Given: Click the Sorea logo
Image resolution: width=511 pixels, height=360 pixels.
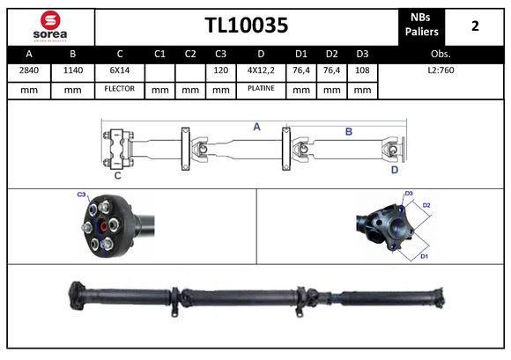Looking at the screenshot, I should click(x=49, y=26).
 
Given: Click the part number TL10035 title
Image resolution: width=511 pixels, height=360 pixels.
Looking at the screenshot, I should click(x=246, y=26).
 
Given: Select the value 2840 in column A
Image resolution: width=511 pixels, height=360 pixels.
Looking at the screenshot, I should click(x=28, y=70).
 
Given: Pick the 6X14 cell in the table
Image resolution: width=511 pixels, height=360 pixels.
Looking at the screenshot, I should click(x=119, y=70).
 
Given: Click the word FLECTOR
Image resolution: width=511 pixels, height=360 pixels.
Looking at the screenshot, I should click(x=119, y=89).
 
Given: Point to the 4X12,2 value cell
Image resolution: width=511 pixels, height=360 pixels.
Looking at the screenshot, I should click(x=261, y=70).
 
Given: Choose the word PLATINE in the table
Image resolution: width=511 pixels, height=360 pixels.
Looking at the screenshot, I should click(x=261, y=89).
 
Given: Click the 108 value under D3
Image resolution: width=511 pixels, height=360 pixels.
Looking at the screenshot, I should click(x=361, y=70).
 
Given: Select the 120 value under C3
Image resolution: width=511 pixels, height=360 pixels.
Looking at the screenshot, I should click(x=220, y=70).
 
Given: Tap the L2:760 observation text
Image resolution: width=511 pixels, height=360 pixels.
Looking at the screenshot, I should click(x=441, y=70).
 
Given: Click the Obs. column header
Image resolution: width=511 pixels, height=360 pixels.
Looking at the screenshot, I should click(x=441, y=53).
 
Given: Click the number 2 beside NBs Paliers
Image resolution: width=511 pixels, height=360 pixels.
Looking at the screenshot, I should click(x=475, y=26).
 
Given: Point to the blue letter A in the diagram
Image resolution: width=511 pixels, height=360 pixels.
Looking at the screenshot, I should click(x=257, y=127).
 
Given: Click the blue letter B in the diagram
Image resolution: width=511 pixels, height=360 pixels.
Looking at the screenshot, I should click(x=349, y=131).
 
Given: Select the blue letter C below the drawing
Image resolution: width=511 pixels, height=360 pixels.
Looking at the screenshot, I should click(x=117, y=175).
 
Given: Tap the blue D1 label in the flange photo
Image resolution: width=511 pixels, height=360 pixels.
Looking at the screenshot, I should click(x=423, y=256).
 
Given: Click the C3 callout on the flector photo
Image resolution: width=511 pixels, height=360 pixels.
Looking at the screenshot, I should click(x=81, y=194).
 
